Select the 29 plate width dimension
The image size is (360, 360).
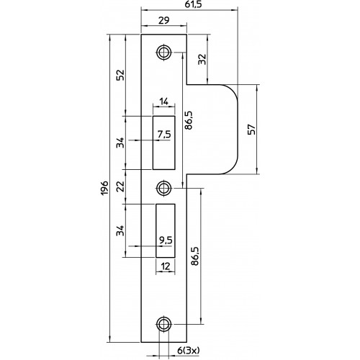click(164, 20)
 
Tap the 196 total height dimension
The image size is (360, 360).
click(105, 188)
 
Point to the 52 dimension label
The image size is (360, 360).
click(121, 75)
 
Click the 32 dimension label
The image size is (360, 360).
click(202, 59)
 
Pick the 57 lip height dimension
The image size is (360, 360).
click(252, 130)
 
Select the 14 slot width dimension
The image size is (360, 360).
click(164, 102)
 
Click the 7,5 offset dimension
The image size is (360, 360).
click(164, 134)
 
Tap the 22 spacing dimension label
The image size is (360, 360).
click(121, 186)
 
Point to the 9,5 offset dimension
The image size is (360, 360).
click(166, 240)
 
